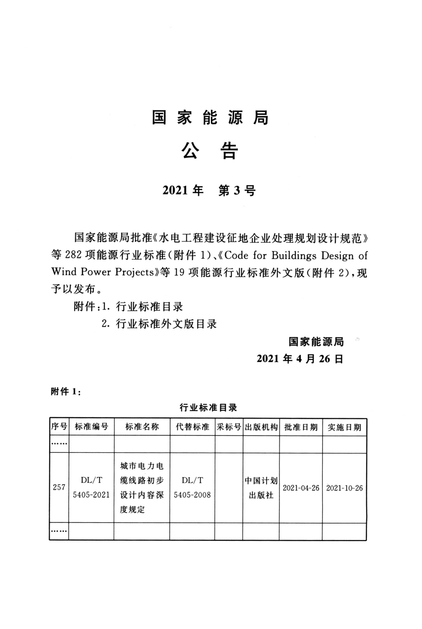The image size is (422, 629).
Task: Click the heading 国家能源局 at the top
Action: [210, 118]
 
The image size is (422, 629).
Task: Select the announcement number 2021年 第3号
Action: [209, 191]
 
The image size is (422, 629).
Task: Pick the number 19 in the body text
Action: [179, 272]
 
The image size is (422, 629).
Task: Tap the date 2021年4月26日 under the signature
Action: [300, 359]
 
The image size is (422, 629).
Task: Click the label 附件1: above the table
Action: [66, 392]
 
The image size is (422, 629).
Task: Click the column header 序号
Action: [59, 427]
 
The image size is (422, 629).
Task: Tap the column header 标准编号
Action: [92, 427]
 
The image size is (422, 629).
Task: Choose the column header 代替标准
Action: [192, 427]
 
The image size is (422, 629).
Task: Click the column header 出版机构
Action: [261, 427]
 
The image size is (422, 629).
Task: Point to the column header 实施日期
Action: [344, 427]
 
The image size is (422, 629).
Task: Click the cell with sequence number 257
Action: [59, 487]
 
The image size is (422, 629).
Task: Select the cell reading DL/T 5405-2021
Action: [92, 487]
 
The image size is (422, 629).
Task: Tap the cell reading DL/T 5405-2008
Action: [192, 487]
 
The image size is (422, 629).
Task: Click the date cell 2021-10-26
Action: [344, 488]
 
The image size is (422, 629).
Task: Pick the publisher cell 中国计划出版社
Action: [261, 488]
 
